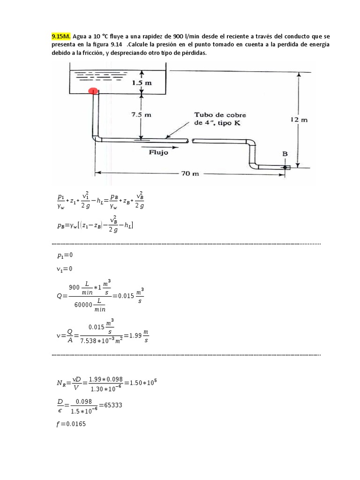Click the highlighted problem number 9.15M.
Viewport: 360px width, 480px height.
click(x=61, y=36)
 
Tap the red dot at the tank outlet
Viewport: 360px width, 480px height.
click(x=93, y=90)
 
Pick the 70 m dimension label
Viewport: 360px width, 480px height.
click(x=190, y=173)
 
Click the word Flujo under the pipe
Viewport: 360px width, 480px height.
click(x=158, y=151)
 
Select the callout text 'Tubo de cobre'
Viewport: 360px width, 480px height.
click(x=220, y=115)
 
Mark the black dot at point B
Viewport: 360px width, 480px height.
click(x=284, y=166)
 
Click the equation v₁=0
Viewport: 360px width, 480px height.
click(x=64, y=269)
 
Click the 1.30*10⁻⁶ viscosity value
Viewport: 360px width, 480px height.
click(x=102, y=389)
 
